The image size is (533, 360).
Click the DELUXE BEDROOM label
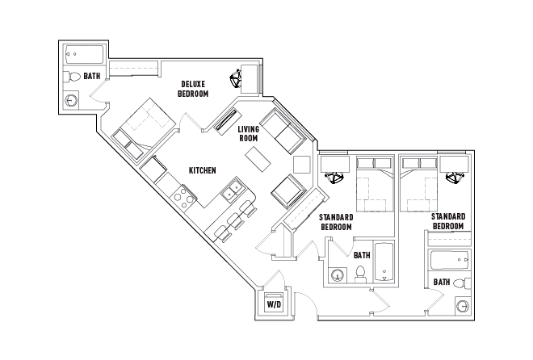193,89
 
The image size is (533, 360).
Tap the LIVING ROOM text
248,133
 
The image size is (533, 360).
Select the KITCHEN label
201,170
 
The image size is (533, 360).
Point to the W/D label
274,304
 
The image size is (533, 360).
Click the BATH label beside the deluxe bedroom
92,76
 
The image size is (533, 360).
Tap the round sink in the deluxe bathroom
72,101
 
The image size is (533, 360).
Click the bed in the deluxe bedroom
145,123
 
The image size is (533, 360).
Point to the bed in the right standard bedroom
418,185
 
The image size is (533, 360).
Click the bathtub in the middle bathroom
383,263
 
